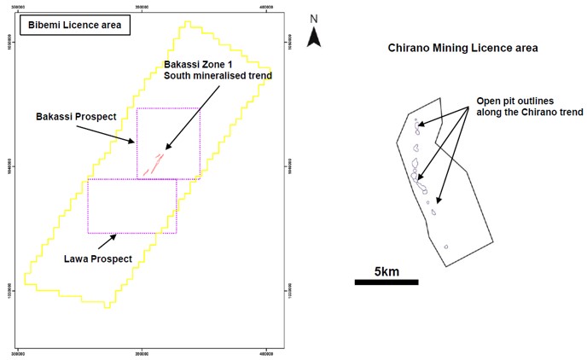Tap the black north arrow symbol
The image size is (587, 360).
(314, 36)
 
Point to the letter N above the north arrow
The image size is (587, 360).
(314, 18)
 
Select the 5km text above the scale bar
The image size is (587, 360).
(387, 271)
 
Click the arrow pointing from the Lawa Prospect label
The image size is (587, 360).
(108, 242)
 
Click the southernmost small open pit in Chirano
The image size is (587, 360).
(445, 249)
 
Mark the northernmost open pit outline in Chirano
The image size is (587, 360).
(418, 125)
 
